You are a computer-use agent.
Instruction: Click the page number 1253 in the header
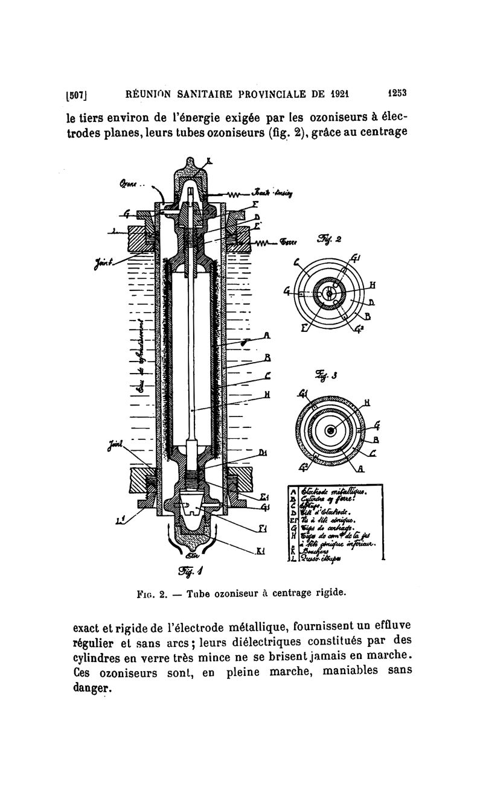click(x=396, y=94)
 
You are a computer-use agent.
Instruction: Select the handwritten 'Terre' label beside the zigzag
click(x=290, y=243)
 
